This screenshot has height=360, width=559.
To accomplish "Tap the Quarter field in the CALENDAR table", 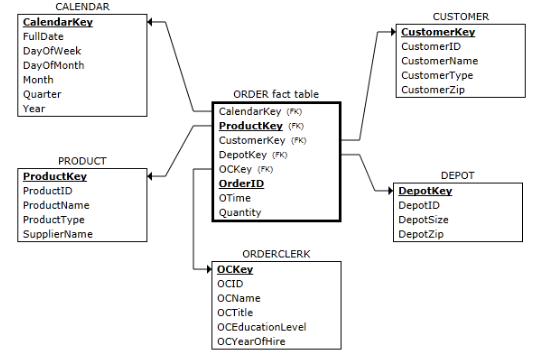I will (42, 93).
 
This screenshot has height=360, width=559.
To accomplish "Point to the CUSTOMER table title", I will (460, 17).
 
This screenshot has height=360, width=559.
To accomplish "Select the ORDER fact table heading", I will (275, 94).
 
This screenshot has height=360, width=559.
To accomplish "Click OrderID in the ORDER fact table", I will (241, 183).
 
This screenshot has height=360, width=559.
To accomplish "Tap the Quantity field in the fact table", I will (240, 211).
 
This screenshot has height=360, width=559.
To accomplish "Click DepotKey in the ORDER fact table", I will (243, 155).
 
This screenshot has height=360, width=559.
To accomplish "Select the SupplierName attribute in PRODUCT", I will (58, 233).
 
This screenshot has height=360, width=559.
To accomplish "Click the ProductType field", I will (55, 219).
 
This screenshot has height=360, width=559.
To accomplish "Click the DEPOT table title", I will (457, 174).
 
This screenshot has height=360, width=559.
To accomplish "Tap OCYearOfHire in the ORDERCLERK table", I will (255, 340).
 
